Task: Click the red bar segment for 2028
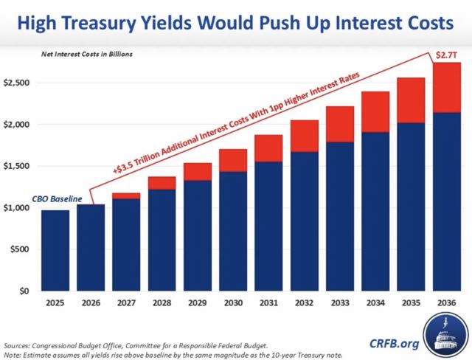[x=161, y=183]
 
